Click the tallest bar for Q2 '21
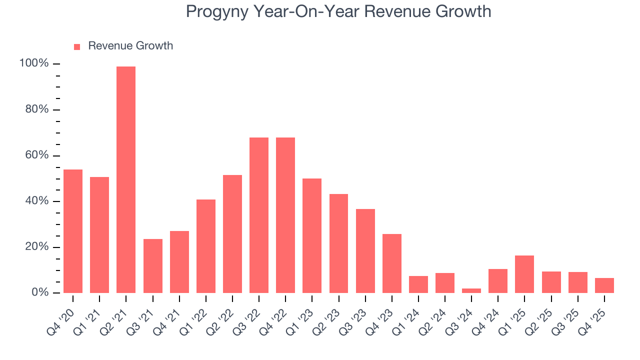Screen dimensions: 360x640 pyautogui.click(x=126, y=179)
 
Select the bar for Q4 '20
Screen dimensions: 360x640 pyautogui.click(x=73, y=231)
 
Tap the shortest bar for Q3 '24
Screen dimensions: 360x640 pyautogui.click(x=471, y=290)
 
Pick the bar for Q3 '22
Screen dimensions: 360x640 pyautogui.click(x=259, y=215)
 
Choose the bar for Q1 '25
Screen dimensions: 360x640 pyautogui.click(x=524, y=274)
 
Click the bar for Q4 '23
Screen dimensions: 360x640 pyautogui.click(x=392, y=263)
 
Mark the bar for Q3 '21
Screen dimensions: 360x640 pyautogui.click(x=152, y=265)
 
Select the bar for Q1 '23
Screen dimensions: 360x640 pyautogui.click(x=312, y=235)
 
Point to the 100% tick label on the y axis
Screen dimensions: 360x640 pyautogui.click(x=34, y=63)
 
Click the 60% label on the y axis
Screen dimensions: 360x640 pyautogui.click(x=36, y=155)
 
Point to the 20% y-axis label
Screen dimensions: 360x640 pyautogui.click(x=36, y=247)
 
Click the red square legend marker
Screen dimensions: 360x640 pyautogui.click(x=77, y=46)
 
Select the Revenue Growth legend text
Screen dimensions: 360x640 pyautogui.click(x=130, y=46)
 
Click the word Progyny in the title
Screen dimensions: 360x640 pyautogui.click(x=216, y=11)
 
